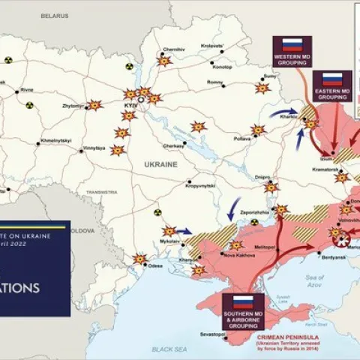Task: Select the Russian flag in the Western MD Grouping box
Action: (x=292, y=43)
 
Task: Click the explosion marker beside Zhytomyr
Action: (x=94, y=105)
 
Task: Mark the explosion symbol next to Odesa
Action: (x=139, y=259)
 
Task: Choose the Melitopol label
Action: (x=265, y=246)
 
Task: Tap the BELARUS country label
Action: (x=54, y=15)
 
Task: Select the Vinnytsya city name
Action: (x=94, y=148)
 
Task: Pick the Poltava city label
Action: (x=241, y=139)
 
